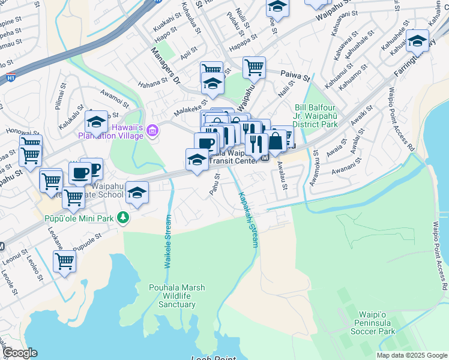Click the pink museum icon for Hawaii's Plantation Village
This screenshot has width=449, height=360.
point(153,130)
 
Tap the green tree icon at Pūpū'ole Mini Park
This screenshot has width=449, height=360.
point(123,217)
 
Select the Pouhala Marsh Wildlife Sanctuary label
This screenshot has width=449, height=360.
point(173,296)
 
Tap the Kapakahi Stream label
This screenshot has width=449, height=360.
point(248,220)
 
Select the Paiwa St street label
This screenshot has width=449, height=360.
point(295,77)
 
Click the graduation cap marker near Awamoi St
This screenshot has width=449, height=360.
point(96,122)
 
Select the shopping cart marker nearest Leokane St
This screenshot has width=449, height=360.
point(64,262)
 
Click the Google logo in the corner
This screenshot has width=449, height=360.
point(20,353)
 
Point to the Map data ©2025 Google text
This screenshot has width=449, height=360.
point(411,355)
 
